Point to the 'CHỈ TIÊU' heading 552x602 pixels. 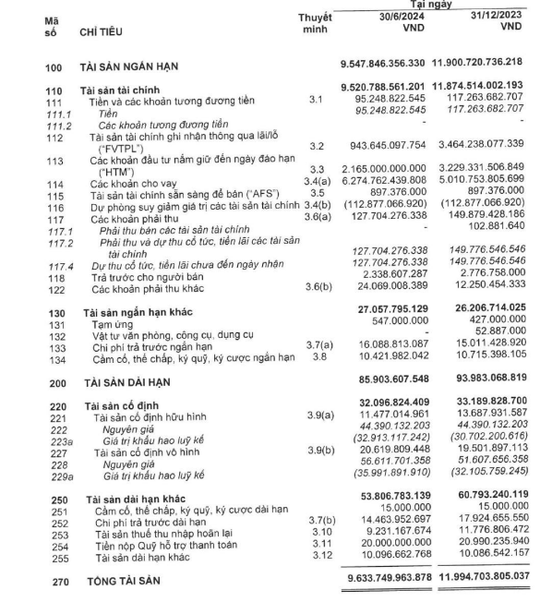tap(104, 33)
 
